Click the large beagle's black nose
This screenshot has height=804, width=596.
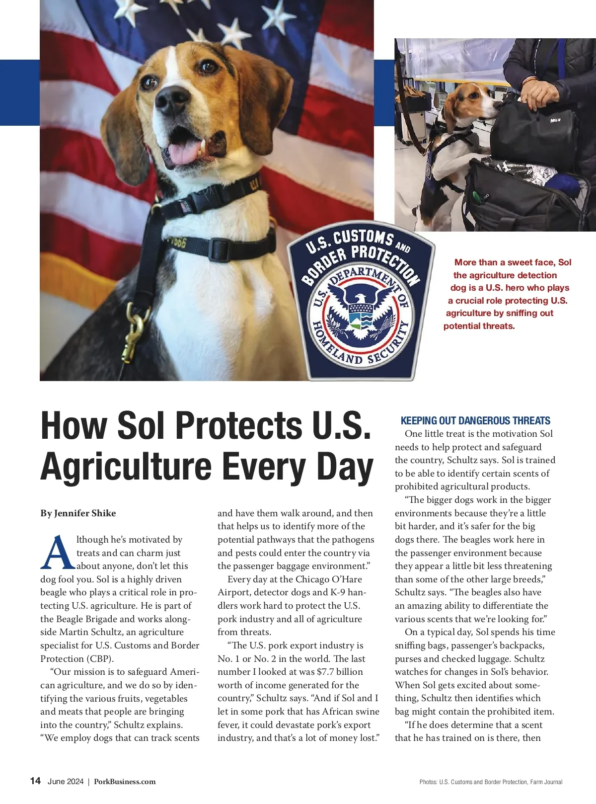coord(172,99)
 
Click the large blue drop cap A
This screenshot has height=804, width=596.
coord(58,553)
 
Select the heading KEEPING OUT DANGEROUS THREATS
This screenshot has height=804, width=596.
coord(475,421)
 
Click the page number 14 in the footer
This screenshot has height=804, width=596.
coord(35,781)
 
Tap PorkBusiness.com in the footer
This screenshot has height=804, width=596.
coord(125,782)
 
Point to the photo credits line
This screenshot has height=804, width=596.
coord(491,782)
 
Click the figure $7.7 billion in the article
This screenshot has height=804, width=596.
coord(340,672)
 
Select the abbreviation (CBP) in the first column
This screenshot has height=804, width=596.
coord(100,659)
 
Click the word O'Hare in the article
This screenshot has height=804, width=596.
coord(342,579)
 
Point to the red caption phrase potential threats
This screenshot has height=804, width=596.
coord(479,326)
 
